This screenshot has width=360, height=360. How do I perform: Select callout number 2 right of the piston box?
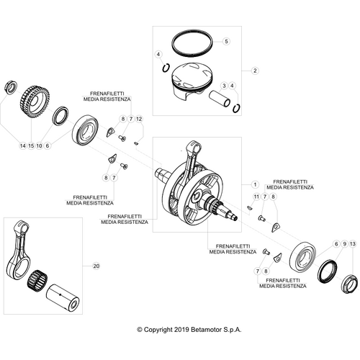253,71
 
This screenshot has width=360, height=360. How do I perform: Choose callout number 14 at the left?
22,145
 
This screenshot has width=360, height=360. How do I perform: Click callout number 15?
31,145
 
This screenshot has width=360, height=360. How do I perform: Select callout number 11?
255,197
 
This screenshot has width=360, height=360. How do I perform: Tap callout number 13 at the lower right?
352,245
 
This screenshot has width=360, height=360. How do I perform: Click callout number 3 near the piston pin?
225,86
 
